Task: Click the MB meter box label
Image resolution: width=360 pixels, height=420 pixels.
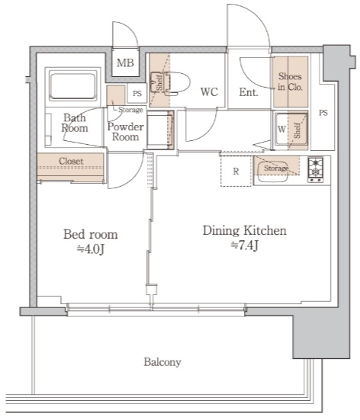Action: (125, 63)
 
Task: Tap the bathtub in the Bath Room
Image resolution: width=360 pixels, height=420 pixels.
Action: (73, 85)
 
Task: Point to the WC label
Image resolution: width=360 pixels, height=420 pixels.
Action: (209, 92)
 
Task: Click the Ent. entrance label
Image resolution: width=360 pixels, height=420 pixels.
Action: (249, 92)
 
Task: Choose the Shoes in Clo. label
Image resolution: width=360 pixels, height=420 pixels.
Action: (290, 82)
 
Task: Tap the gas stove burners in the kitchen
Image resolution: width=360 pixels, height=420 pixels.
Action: (315, 170)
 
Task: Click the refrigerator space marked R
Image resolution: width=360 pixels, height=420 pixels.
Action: (236, 171)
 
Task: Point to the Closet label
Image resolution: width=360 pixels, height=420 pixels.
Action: (71, 161)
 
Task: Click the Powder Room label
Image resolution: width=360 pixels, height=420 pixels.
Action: (125, 132)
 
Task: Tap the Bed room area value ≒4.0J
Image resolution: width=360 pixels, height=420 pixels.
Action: (91, 249)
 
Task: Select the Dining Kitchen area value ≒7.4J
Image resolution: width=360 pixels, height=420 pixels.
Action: (245, 245)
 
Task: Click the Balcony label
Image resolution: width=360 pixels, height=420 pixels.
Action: (162, 362)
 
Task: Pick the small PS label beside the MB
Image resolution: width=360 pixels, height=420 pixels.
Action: (137, 94)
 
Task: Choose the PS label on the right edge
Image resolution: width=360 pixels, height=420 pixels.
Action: (323, 113)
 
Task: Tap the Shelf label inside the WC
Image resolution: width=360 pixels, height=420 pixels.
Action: (159, 84)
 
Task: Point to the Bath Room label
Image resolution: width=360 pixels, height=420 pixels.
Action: (74, 123)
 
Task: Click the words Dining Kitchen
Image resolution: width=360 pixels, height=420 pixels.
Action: (245, 231)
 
